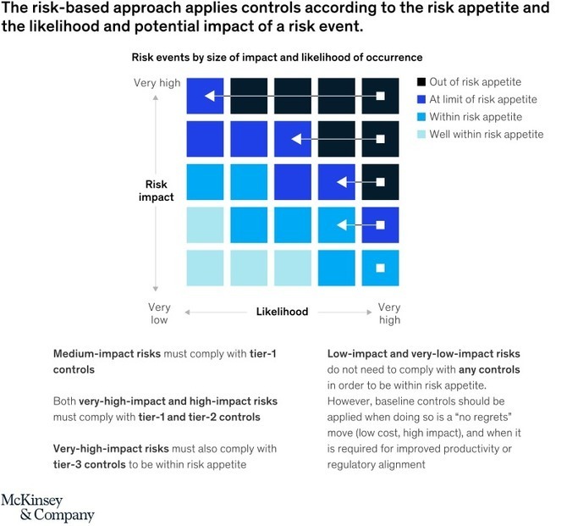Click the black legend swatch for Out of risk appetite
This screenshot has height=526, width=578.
coord(421,82)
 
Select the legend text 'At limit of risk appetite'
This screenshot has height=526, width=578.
coord(483,100)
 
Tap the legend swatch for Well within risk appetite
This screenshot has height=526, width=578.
coord(421,135)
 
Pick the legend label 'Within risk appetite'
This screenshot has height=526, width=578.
coord(476,117)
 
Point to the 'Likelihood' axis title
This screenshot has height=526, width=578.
coord(282,312)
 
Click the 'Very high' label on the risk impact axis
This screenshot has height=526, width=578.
coord(156,82)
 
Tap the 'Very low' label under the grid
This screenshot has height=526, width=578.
coord(159,313)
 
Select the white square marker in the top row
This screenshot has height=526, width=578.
coord(380,96)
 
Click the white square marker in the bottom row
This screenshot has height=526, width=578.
coord(380,268)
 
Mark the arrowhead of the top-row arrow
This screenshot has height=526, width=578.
coord(209,96)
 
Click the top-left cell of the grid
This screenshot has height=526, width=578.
coord(205,96)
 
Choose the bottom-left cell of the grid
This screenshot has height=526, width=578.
coord(205,268)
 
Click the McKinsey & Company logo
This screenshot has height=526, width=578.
coord(47,507)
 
